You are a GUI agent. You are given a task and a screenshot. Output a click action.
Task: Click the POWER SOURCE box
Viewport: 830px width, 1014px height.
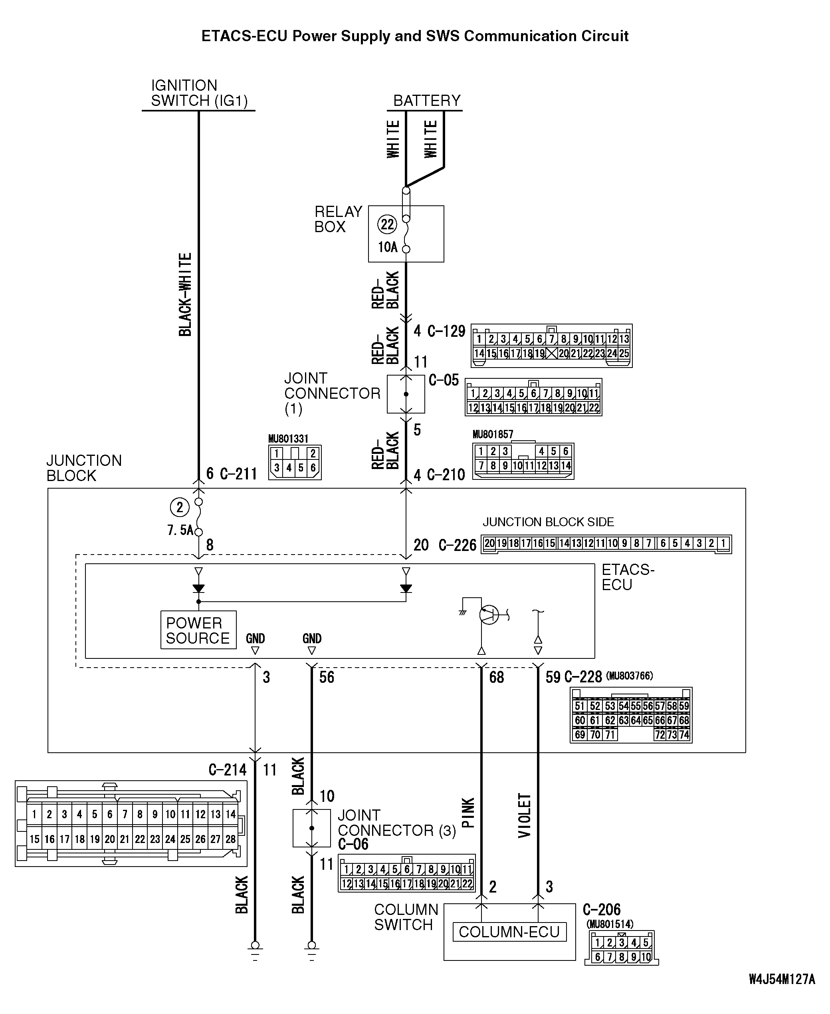click(x=198, y=630)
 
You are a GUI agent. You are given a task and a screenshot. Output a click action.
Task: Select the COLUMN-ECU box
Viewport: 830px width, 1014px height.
click(x=509, y=932)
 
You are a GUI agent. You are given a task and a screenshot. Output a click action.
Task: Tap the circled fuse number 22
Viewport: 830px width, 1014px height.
click(x=387, y=225)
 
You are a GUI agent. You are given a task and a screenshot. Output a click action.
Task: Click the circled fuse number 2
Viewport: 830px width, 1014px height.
click(x=179, y=507)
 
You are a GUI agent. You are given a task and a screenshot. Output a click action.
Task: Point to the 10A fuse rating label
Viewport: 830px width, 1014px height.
click(x=388, y=247)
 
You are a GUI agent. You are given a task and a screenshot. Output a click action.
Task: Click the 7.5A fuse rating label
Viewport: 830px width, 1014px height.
click(x=180, y=530)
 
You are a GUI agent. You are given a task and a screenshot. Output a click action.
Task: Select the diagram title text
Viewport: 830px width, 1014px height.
click(x=414, y=36)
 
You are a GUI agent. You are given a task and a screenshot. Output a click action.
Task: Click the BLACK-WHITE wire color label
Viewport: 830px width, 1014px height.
click(x=185, y=295)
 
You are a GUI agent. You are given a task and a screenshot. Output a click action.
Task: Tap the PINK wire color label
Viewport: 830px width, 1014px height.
click(x=468, y=813)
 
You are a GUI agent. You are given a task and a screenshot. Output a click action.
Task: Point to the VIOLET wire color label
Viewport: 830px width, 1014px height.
click(x=525, y=815)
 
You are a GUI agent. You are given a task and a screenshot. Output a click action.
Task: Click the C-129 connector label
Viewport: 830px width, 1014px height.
click(x=446, y=331)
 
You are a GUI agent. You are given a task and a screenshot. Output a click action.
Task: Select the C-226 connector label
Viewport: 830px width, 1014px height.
click(x=457, y=545)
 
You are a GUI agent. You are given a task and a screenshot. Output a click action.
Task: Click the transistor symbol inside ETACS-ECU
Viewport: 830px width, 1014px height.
click(x=489, y=614)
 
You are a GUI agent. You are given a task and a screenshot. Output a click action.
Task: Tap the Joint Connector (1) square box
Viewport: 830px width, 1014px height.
click(x=406, y=394)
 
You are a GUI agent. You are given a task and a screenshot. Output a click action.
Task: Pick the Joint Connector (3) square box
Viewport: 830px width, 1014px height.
click(x=312, y=828)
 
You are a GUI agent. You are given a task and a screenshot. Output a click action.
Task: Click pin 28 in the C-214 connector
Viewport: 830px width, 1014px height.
click(x=230, y=839)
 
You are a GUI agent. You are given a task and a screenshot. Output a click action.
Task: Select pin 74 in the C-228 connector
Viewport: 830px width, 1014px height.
click(x=684, y=735)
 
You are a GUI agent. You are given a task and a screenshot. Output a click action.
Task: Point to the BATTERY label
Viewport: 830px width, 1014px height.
click(x=426, y=101)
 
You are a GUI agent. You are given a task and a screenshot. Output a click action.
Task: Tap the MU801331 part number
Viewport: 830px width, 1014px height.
click(x=288, y=439)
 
